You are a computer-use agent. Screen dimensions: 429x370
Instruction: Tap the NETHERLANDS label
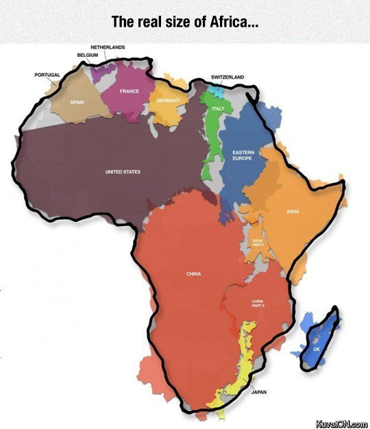click(108, 47)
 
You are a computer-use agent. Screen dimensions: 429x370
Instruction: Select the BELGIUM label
click(88, 53)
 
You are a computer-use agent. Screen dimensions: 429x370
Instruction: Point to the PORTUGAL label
click(47, 74)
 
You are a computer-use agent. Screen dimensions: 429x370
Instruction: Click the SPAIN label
click(76, 102)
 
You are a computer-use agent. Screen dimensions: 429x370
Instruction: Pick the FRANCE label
click(129, 91)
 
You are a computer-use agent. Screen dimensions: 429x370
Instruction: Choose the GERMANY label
click(167, 101)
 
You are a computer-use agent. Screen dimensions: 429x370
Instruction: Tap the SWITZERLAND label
click(227, 77)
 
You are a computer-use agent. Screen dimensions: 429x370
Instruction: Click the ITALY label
click(218, 108)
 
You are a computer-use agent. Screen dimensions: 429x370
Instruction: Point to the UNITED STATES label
click(122, 171)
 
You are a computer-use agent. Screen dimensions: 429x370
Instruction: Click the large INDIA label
click(292, 211)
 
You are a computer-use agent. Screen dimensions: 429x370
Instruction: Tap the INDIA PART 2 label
click(258, 243)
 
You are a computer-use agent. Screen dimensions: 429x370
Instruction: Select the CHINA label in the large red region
click(193, 274)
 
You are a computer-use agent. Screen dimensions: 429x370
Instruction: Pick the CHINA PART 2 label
click(258, 303)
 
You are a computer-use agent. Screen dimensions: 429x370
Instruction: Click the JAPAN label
click(259, 392)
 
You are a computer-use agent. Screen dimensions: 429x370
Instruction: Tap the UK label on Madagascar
click(316, 350)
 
